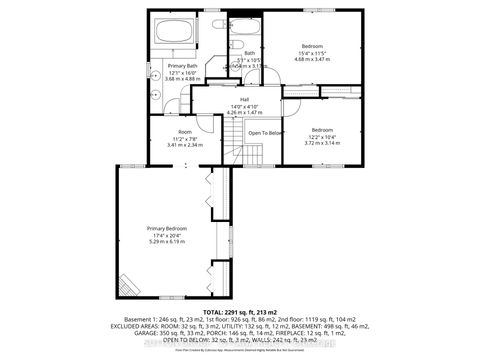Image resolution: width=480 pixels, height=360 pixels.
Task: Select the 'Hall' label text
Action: point(243,99)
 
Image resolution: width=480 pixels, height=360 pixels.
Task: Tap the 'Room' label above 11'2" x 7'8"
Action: point(184,131)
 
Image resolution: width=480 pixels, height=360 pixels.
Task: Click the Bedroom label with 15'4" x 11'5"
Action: point(313,45)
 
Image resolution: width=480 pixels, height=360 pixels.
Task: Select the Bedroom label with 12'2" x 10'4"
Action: point(322,129)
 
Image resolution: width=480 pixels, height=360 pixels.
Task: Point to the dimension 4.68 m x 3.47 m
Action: point(313,59)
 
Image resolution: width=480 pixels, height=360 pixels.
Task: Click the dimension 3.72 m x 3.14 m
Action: point(322,143)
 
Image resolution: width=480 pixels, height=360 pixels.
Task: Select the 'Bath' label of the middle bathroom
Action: point(250,53)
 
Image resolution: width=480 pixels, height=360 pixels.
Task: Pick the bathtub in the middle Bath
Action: point(249,25)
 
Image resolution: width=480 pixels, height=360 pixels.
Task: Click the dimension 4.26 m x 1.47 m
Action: point(243,113)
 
